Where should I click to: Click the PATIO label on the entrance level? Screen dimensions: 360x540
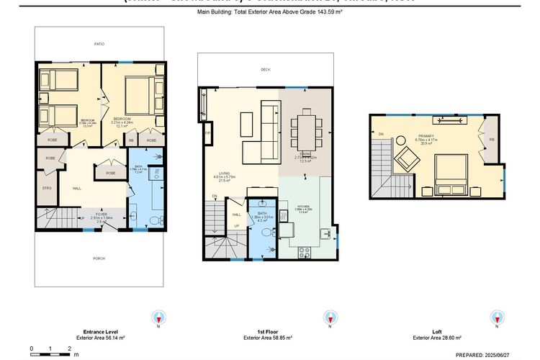tap(99, 45)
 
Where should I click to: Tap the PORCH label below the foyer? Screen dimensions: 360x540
tap(99, 258)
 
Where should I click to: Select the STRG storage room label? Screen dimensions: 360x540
tap(48, 189)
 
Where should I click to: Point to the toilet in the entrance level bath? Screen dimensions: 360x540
tap(133, 214)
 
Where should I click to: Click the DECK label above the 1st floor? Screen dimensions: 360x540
tap(266, 70)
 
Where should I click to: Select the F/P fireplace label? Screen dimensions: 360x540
tap(207, 134)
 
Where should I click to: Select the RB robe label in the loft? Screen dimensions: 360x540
tap(491, 140)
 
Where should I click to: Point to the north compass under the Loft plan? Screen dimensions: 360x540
tap(497, 317)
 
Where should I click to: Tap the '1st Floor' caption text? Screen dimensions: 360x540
tap(266, 332)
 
